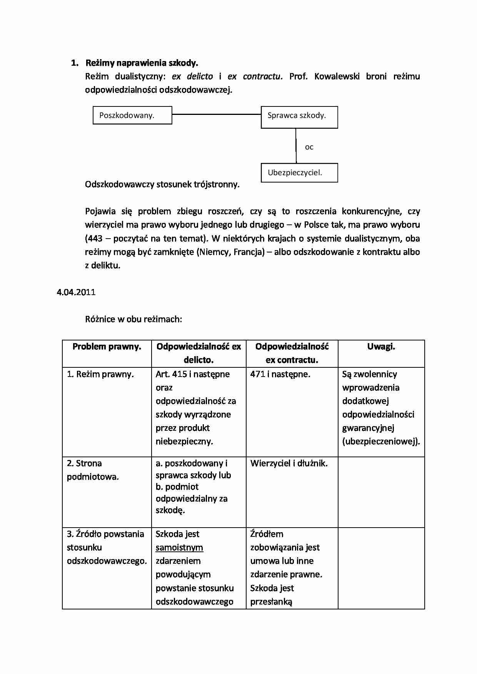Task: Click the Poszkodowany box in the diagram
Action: [x=132, y=115]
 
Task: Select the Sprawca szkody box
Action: [x=299, y=117]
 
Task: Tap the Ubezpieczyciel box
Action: [x=299, y=173]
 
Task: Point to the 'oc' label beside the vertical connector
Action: [x=309, y=147]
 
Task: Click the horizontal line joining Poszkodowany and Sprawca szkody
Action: [x=216, y=114]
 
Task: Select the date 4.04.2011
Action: [x=76, y=292]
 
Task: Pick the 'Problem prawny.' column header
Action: [x=107, y=347]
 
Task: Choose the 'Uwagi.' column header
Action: [x=381, y=347]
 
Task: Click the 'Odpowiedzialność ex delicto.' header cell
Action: [x=198, y=353]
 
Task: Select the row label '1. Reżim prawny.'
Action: [x=100, y=374]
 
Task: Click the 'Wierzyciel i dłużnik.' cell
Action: [x=289, y=463]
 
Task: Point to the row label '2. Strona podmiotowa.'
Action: [x=93, y=470]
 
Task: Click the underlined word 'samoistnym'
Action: [x=179, y=547]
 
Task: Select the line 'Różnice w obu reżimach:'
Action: [x=133, y=319]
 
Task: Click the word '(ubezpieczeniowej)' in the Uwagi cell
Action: [x=381, y=441]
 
